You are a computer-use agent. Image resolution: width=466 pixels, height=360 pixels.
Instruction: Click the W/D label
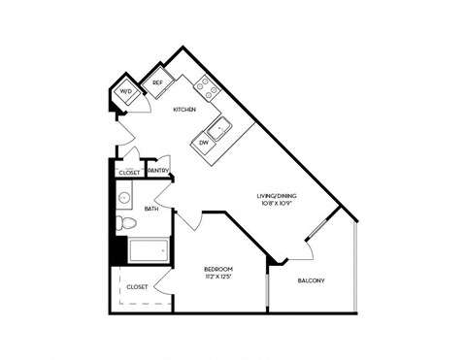click(x=125, y=92)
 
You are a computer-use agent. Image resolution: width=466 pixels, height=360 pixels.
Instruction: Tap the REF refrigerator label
click(x=158, y=83)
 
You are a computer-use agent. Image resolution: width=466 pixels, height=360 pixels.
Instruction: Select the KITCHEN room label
click(x=184, y=110)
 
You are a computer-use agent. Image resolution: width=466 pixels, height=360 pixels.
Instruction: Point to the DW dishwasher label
click(x=204, y=143)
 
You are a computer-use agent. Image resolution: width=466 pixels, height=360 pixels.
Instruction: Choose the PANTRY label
click(x=159, y=172)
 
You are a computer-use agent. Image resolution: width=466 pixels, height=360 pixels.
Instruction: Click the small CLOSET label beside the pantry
click(x=128, y=172)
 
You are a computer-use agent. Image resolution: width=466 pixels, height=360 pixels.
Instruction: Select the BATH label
click(x=151, y=208)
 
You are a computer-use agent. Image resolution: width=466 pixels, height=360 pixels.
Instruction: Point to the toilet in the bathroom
click(x=121, y=224)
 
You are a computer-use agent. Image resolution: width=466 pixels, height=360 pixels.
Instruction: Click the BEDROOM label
click(x=218, y=269)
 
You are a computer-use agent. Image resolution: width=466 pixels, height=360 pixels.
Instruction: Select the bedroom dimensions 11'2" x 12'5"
click(x=218, y=278)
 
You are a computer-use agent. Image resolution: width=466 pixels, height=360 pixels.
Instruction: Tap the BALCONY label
click(x=311, y=281)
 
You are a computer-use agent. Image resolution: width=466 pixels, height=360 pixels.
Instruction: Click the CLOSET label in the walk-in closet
click(x=137, y=287)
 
